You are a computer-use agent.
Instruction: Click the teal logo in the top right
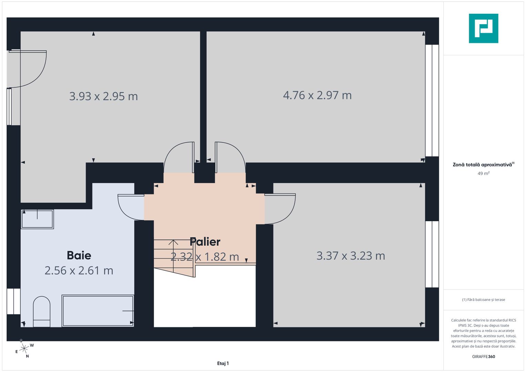click(x=483, y=28)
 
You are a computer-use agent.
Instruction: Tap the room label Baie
click(x=79, y=255)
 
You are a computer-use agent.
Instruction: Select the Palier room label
click(x=205, y=242)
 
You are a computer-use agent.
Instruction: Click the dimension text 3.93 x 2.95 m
click(x=103, y=96)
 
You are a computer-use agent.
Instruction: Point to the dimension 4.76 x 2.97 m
click(x=317, y=95)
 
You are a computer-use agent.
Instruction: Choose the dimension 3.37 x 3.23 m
click(x=351, y=256)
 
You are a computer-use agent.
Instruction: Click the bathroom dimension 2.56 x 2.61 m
click(x=79, y=271)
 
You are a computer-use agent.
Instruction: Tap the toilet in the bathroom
click(x=42, y=311)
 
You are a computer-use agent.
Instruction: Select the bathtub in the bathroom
click(x=98, y=311)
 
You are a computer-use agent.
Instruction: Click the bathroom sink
click(x=37, y=219)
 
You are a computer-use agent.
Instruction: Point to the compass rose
click(x=24, y=349)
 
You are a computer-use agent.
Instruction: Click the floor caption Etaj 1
click(x=223, y=363)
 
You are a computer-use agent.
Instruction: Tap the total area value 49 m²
click(x=483, y=174)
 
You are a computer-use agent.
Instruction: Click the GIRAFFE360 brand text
click(x=483, y=356)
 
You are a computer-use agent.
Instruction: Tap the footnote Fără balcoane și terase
click(x=483, y=300)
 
